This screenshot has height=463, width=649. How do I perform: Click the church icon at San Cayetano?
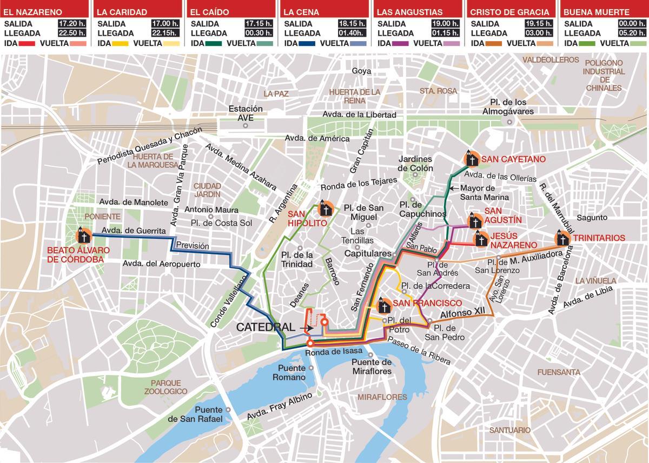pos(472,159)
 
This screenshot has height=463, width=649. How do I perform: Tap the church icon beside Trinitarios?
pos(562,238)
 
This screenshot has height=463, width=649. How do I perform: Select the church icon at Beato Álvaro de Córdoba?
pos(83,234)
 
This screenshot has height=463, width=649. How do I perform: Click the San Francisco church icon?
pos(383,305)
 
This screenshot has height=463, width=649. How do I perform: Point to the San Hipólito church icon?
pos(326,209)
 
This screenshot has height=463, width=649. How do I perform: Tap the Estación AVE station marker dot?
pos(246,126)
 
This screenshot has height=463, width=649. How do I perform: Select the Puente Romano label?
pos(292,372)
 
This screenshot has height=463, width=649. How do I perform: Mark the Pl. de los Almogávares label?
pos(508,106)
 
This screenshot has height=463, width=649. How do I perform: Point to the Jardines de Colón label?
pos(415,163)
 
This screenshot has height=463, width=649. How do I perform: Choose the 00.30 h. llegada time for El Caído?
pos(259,33)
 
